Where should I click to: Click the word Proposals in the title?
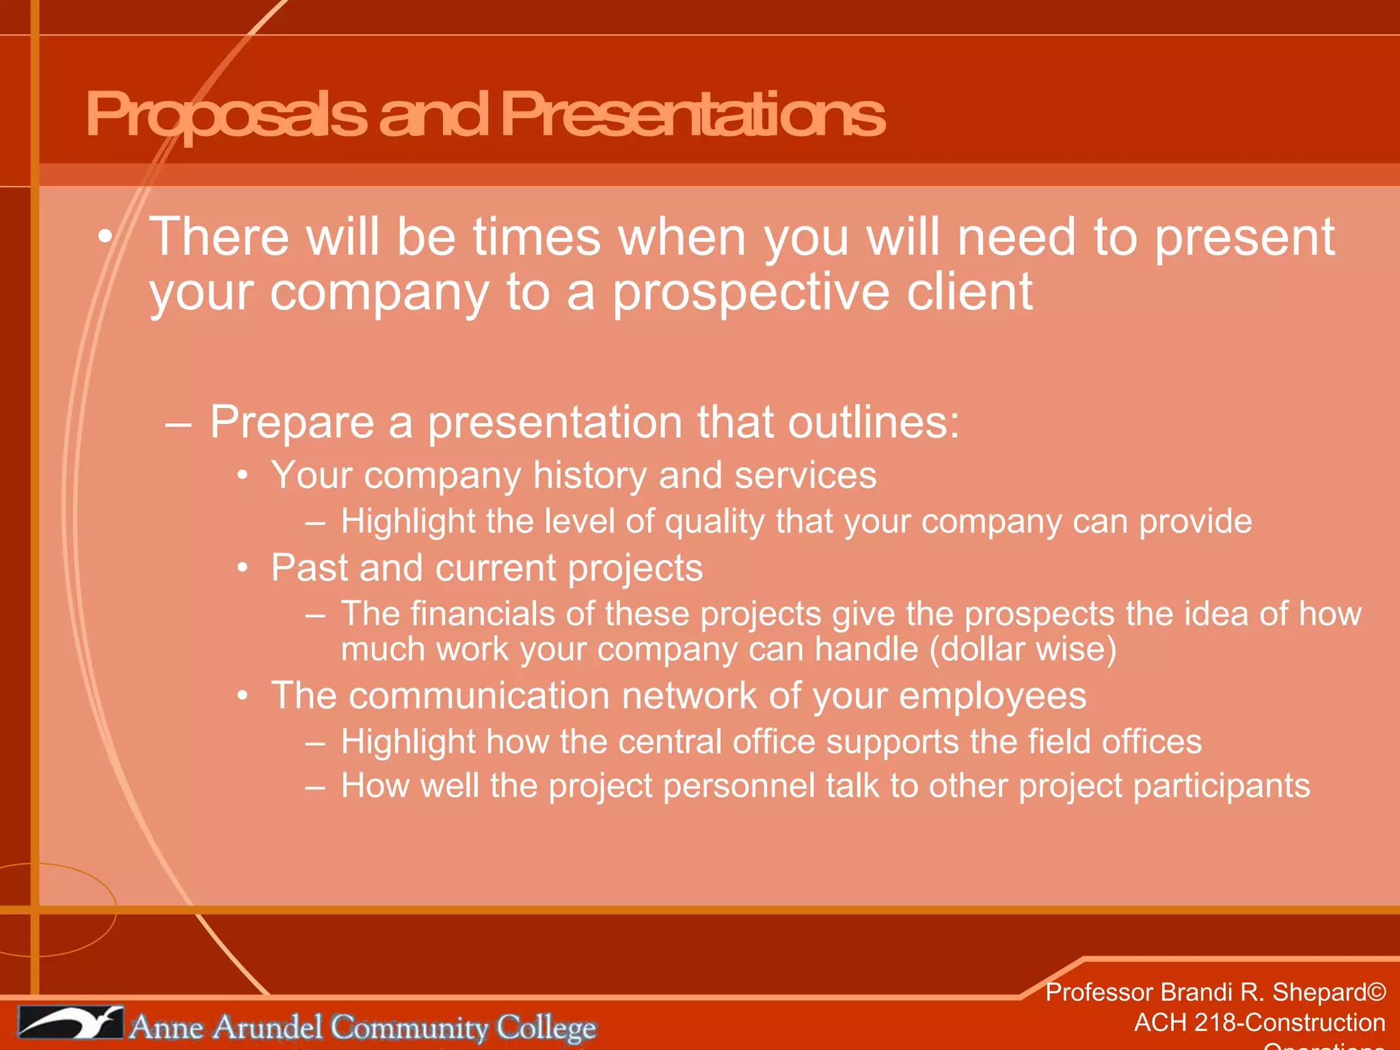point(226,115)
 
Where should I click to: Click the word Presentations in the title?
point(692,115)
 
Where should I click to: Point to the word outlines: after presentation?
point(874,422)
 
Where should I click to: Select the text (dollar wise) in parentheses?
point(1023,649)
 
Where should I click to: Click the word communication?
point(479,695)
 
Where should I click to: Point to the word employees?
point(992,697)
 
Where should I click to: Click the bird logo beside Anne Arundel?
point(70,1023)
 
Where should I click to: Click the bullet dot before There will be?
point(104,237)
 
